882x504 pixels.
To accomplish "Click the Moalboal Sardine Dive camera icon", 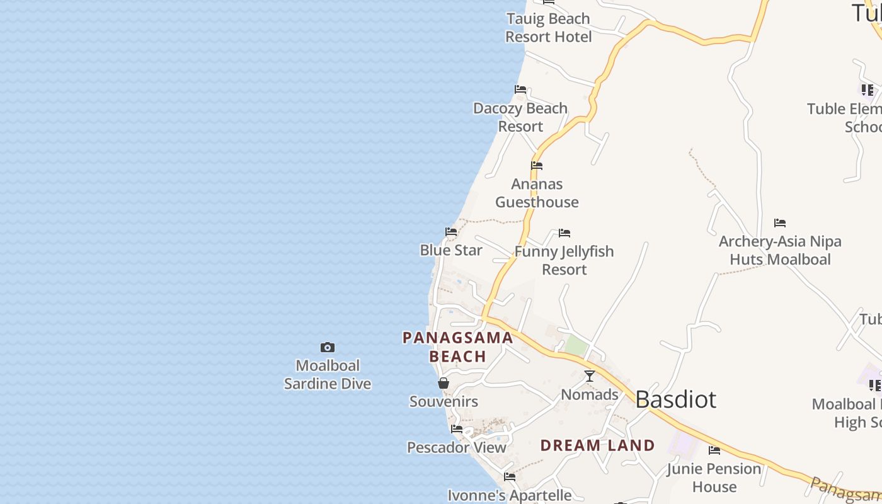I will pyautogui.click(x=328, y=347).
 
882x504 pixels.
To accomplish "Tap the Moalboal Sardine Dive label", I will pyautogui.click(x=328, y=375).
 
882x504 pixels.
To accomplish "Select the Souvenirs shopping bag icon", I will pyautogui.click(x=444, y=383).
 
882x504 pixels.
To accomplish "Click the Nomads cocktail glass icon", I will pyautogui.click(x=590, y=376).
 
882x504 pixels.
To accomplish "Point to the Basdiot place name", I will pyautogui.click(x=675, y=399).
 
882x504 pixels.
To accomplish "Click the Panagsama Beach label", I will pyautogui.click(x=458, y=347).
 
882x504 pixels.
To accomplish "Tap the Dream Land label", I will pyautogui.click(x=597, y=445).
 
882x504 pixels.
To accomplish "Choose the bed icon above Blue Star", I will pyautogui.click(x=451, y=232).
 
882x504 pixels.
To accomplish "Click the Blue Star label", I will pyautogui.click(x=451, y=250).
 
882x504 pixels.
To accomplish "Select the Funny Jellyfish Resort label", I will pyautogui.click(x=564, y=260).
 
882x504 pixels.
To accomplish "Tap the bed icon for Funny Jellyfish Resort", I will pyautogui.click(x=564, y=233).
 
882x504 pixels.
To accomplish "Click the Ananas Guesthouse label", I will pyautogui.click(x=537, y=193).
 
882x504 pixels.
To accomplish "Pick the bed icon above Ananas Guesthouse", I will pyautogui.click(x=537, y=166).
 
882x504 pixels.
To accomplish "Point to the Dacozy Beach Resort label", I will pyautogui.click(x=520, y=117).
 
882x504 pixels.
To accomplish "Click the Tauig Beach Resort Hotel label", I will pyautogui.click(x=549, y=28).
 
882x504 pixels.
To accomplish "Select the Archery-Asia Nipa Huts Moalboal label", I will pyautogui.click(x=780, y=250).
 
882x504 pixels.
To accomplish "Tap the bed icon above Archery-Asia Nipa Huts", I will pyautogui.click(x=780, y=222).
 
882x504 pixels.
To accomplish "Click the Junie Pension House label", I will pyautogui.click(x=714, y=478).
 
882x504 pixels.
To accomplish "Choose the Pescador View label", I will pyautogui.click(x=457, y=447).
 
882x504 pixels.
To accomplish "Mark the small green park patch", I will pyautogui.click(x=576, y=345).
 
